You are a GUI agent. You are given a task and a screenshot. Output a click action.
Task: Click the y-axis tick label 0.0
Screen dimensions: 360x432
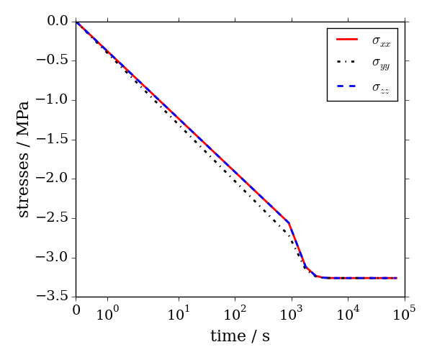58,21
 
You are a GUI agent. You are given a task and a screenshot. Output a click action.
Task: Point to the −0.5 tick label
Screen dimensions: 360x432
55,60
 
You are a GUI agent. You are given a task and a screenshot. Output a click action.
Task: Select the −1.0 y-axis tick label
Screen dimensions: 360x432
55,100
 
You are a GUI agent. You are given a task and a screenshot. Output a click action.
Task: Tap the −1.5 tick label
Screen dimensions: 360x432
55,140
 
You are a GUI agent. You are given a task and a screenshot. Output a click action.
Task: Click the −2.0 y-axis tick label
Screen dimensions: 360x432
55,179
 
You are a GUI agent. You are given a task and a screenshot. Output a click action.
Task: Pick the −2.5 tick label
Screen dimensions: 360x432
55,218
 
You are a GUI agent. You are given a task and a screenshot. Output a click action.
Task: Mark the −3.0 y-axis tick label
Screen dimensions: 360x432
55,258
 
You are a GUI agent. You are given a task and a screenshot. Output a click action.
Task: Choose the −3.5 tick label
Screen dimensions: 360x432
55,297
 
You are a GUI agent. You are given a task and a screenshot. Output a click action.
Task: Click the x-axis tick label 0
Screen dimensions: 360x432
76,310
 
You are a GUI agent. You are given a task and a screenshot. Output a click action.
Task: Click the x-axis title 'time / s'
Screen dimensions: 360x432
240,336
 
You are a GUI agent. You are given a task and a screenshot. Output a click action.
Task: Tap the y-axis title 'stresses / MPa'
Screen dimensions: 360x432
24,158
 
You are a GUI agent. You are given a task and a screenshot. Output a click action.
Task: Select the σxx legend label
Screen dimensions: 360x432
381,42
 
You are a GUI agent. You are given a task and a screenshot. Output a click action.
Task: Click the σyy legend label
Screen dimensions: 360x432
381,64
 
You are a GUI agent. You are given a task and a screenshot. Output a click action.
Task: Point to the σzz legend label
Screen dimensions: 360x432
381,87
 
